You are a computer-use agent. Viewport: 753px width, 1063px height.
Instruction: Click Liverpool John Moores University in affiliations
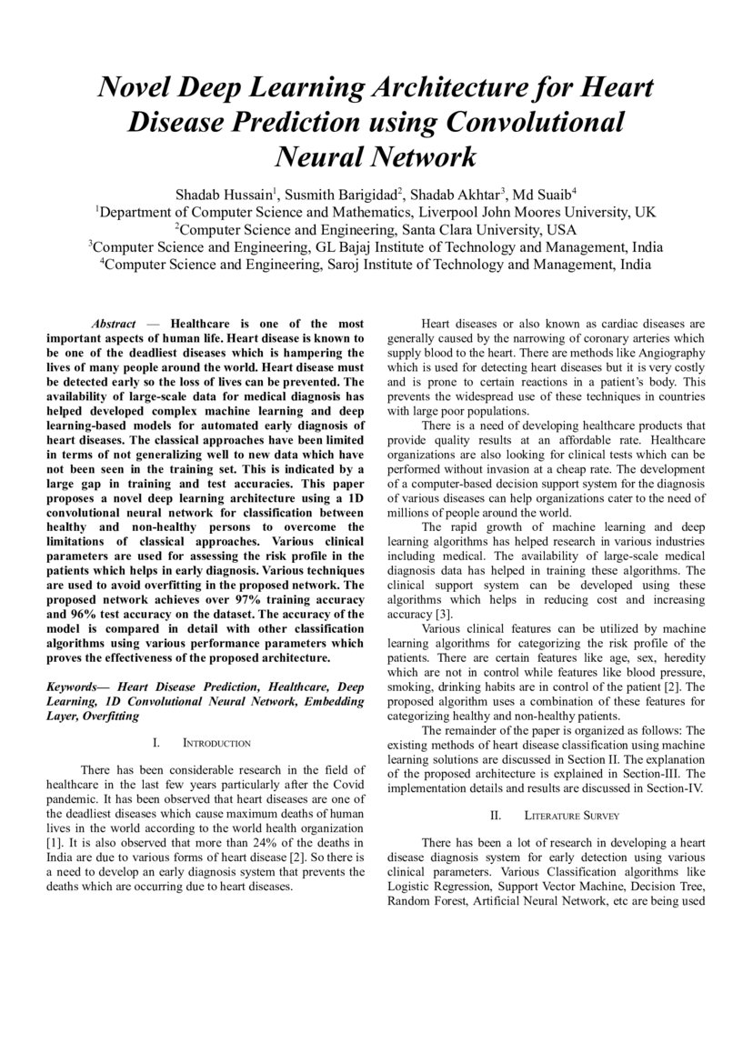(548, 212)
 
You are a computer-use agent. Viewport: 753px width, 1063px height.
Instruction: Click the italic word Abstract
(114, 324)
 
